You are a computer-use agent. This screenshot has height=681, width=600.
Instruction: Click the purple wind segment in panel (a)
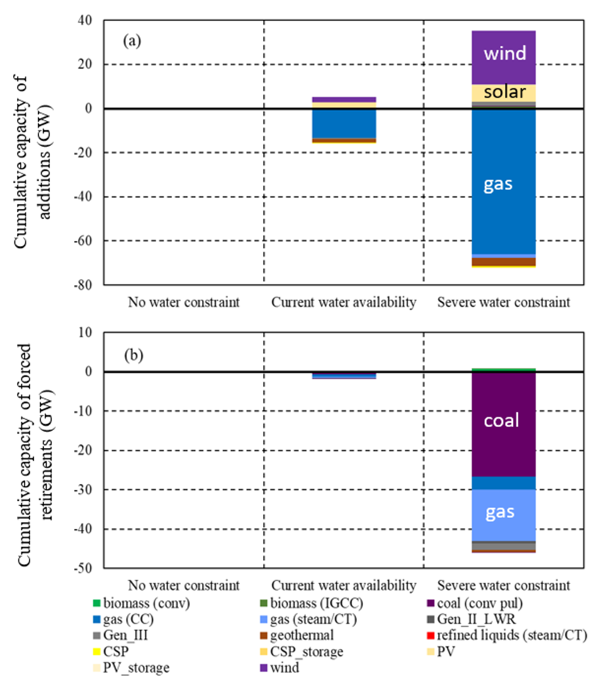504,53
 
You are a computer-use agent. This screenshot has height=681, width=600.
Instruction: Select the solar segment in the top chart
504,92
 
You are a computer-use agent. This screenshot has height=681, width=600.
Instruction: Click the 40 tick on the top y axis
84,21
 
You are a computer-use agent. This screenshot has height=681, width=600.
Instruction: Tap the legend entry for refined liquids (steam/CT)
511,635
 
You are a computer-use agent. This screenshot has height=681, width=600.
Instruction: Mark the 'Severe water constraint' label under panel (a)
504,303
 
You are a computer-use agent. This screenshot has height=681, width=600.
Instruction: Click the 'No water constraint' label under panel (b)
184,585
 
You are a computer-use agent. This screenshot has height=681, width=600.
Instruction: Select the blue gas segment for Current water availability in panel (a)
344,123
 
